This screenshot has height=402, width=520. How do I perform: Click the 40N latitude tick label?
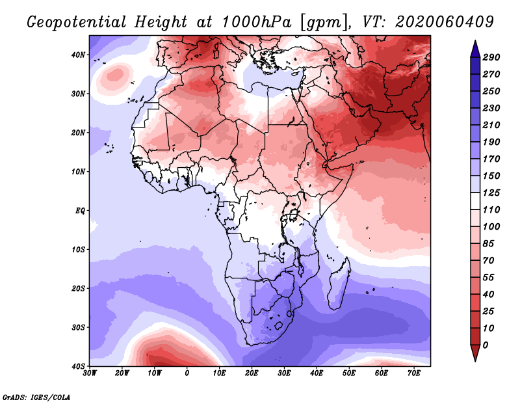[x=78, y=55]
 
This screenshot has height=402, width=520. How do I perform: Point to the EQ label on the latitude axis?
[x=80, y=211]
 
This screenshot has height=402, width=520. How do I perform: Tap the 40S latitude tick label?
[x=78, y=366]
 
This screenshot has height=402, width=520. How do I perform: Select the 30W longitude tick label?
[x=90, y=373]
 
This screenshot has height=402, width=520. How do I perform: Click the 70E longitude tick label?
[x=414, y=373]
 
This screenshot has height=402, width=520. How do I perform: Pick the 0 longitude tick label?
[x=187, y=373]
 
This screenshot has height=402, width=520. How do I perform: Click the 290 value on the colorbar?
[x=491, y=57]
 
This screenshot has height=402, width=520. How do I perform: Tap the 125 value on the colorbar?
[x=491, y=193]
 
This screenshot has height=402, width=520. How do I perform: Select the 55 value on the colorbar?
[x=489, y=278]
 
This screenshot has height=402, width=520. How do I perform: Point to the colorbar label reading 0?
[x=486, y=345]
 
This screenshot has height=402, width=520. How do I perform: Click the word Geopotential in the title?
[x=77, y=23]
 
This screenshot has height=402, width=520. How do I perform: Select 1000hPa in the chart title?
[x=257, y=22]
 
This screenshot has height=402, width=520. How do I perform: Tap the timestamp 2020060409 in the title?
[x=445, y=22]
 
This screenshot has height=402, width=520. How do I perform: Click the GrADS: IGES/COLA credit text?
[x=36, y=397]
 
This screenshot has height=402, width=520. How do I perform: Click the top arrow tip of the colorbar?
[x=475, y=40]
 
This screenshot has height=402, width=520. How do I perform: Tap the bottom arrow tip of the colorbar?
[x=475, y=362]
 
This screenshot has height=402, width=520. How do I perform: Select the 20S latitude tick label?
[x=78, y=288]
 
